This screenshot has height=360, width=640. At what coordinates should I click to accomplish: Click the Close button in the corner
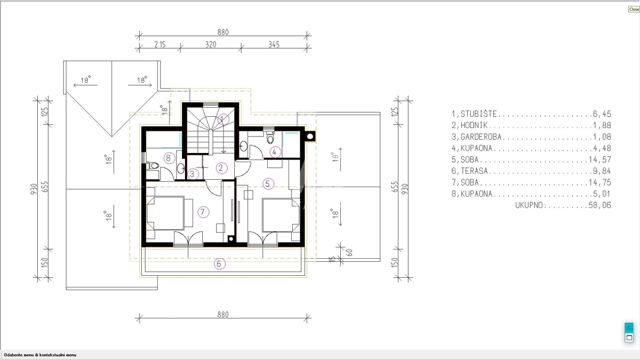click(634, 9)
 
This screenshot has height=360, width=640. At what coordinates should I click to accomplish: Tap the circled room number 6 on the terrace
click(219, 263)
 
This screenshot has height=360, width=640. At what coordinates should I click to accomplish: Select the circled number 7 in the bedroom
click(203, 212)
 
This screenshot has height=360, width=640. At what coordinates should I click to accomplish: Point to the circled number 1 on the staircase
click(223, 119)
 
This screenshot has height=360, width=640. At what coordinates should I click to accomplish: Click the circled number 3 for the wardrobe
click(193, 174)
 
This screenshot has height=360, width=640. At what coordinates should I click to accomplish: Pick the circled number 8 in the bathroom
click(169, 158)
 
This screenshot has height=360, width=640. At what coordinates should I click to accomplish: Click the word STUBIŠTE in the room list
click(479, 114)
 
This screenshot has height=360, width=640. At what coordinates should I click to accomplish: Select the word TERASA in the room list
click(474, 171)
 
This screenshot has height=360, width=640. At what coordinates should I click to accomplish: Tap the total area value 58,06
click(599, 205)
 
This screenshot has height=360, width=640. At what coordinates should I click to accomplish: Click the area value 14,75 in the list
click(599, 182)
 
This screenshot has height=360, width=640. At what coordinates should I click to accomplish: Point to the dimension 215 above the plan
click(159, 45)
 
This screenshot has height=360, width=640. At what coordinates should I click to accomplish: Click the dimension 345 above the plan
click(274, 45)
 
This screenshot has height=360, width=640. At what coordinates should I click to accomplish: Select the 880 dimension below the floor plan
click(223, 315)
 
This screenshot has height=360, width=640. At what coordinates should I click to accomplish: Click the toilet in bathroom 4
click(270, 138)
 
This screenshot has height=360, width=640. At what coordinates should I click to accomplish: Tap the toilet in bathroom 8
click(153, 165)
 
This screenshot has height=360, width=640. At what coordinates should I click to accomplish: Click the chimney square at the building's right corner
click(310, 137)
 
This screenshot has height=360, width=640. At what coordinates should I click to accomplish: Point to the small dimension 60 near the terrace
click(349, 253)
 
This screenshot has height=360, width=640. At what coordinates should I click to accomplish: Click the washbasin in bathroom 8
click(181, 169)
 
